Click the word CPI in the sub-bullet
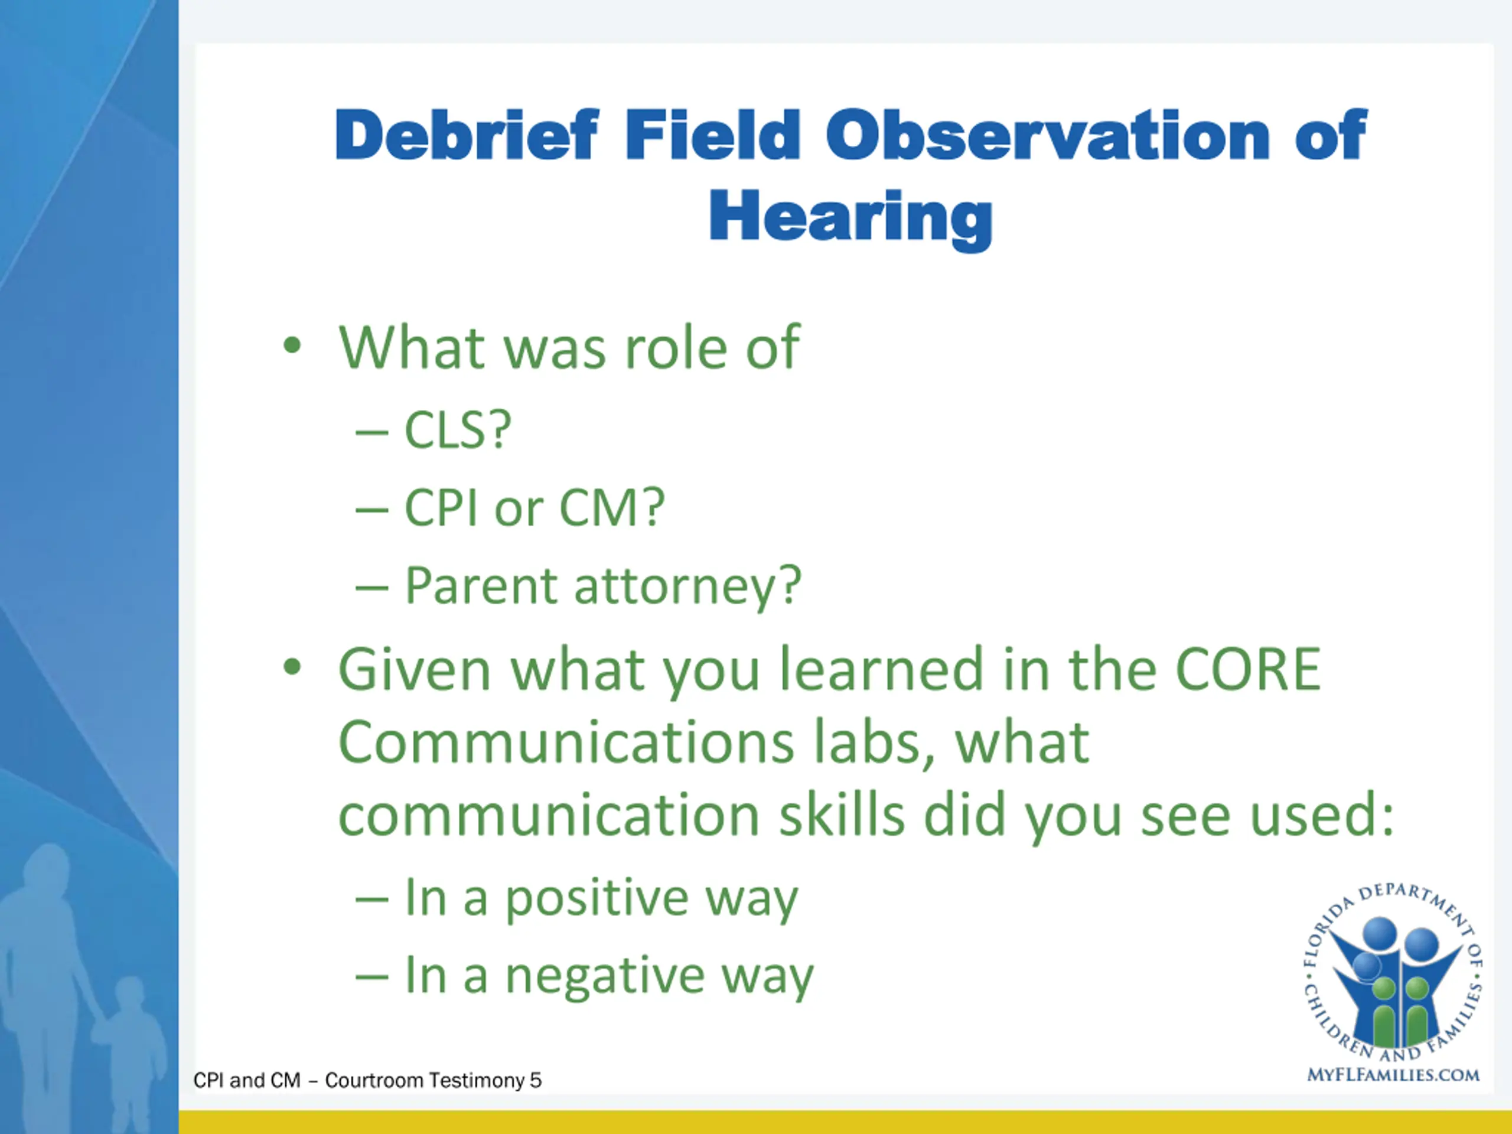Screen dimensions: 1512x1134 (440, 508)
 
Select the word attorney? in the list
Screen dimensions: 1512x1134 (687, 587)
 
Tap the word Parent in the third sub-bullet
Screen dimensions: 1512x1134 (481, 586)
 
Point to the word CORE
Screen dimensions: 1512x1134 (1248, 669)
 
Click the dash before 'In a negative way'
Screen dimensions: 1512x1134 (372, 978)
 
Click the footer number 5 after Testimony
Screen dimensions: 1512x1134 (535, 1081)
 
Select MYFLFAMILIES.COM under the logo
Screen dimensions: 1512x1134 (1393, 1075)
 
